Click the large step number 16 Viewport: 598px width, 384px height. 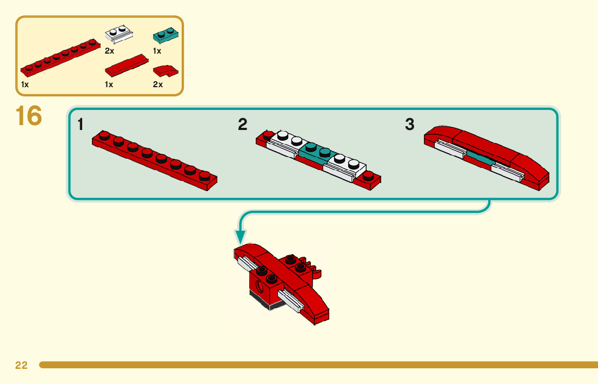click(x=29, y=116)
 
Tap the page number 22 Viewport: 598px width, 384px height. click(x=21, y=366)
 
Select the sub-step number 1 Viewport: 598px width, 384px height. click(x=81, y=125)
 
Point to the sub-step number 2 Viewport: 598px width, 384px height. click(x=243, y=125)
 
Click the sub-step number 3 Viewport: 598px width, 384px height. click(x=409, y=125)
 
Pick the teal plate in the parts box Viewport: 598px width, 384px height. click(x=166, y=36)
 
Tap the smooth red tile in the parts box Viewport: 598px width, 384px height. click(x=125, y=66)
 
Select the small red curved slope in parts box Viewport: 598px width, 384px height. click(x=165, y=70)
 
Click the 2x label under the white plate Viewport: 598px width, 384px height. click(x=109, y=51)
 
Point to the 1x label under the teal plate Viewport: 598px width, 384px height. click(x=157, y=51)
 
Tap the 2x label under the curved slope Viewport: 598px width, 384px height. click(x=158, y=84)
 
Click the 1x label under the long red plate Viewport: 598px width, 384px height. click(x=25, y=84)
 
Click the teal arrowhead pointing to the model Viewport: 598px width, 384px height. click(x=240, y=236)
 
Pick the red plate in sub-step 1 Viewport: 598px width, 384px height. click(x=155, y=160)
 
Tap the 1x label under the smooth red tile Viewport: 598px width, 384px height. click(x=109, y=84)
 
